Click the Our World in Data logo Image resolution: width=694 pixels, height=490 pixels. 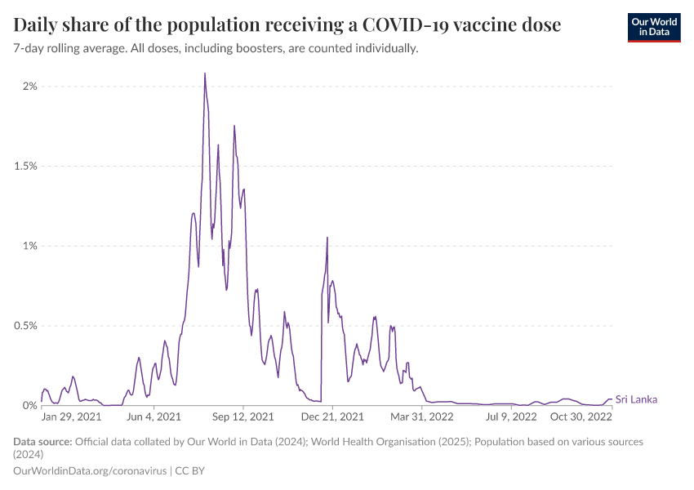click(653, 27)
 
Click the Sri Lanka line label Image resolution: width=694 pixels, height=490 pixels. click(636, 399)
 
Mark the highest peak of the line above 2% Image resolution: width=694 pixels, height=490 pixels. click(204, 73)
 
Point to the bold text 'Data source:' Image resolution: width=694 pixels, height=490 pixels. click(42, 442)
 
